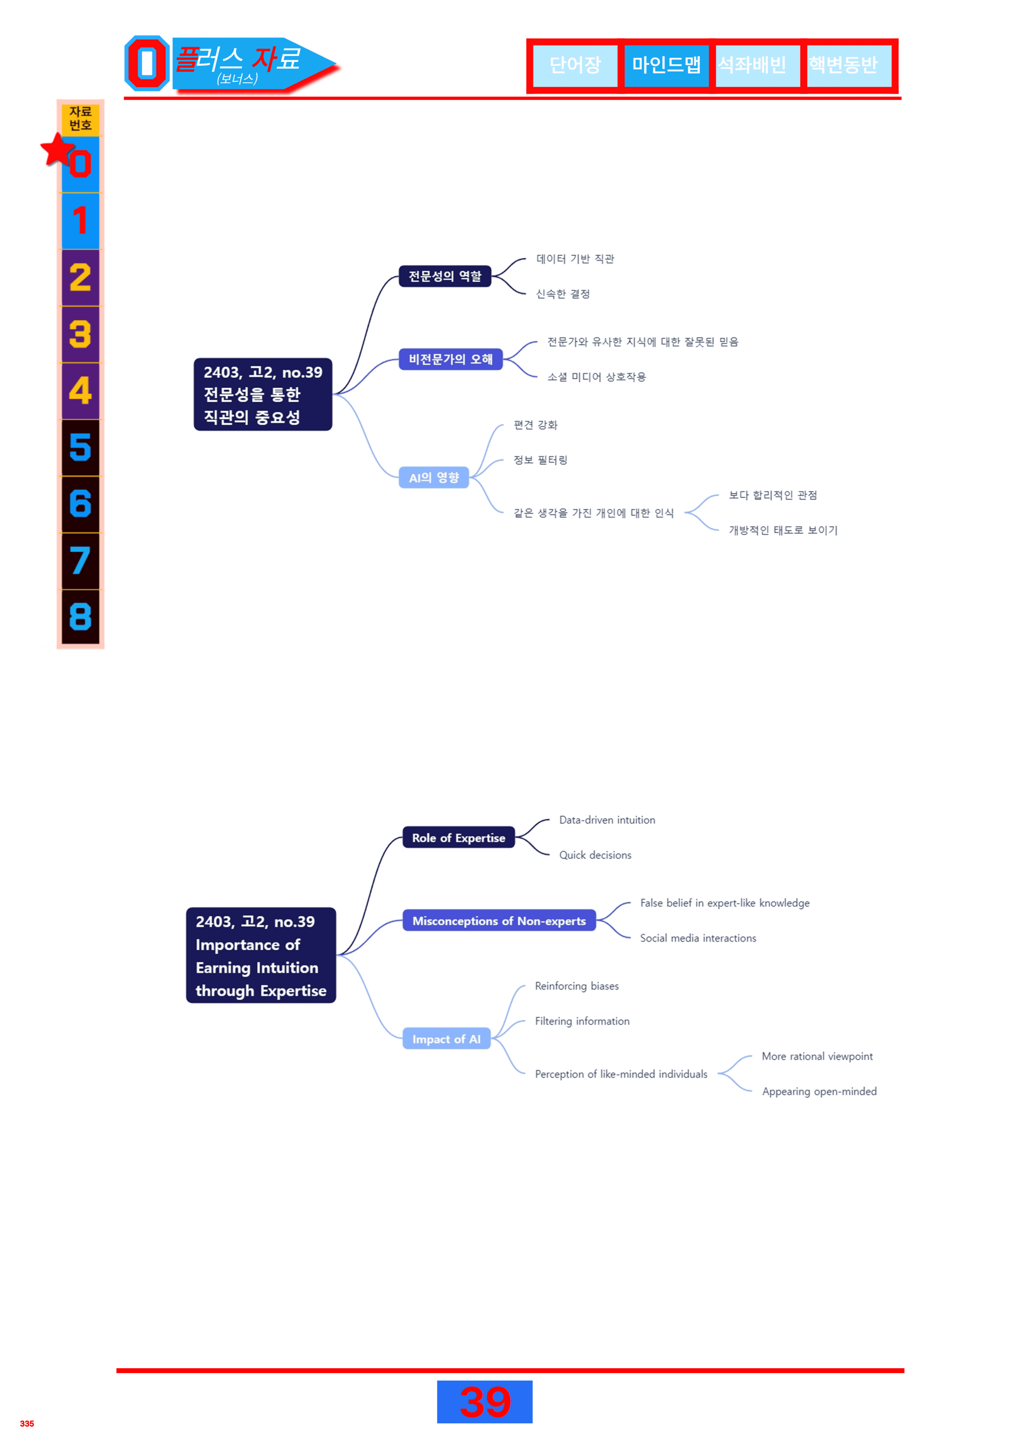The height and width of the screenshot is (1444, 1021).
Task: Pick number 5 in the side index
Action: pyautogui.click(x=81, y=447)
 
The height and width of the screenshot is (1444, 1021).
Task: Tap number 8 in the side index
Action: pyautogui.click(x=81, y=616)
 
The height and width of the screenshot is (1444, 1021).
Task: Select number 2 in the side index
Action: pyautogui.click(x=81, y=277)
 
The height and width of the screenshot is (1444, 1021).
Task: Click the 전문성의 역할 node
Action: pyautogui.click(x=445, y=276)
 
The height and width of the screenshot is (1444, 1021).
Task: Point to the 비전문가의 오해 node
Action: pyautogui.click(x=450, y=359)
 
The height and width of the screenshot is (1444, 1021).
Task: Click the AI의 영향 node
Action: pyautogui.click(x=434, y=477)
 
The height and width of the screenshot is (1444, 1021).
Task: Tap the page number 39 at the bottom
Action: pyautogui.click(x=485, y=1402)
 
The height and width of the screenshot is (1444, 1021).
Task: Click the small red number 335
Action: pyautogui.click(x=27, y=1423)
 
